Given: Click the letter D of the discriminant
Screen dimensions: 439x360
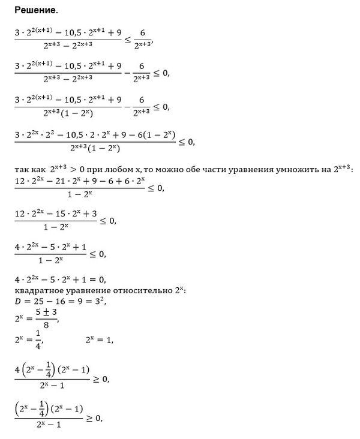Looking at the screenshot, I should click(17, 301).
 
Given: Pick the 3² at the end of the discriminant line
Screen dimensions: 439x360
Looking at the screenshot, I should click(101, 300).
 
